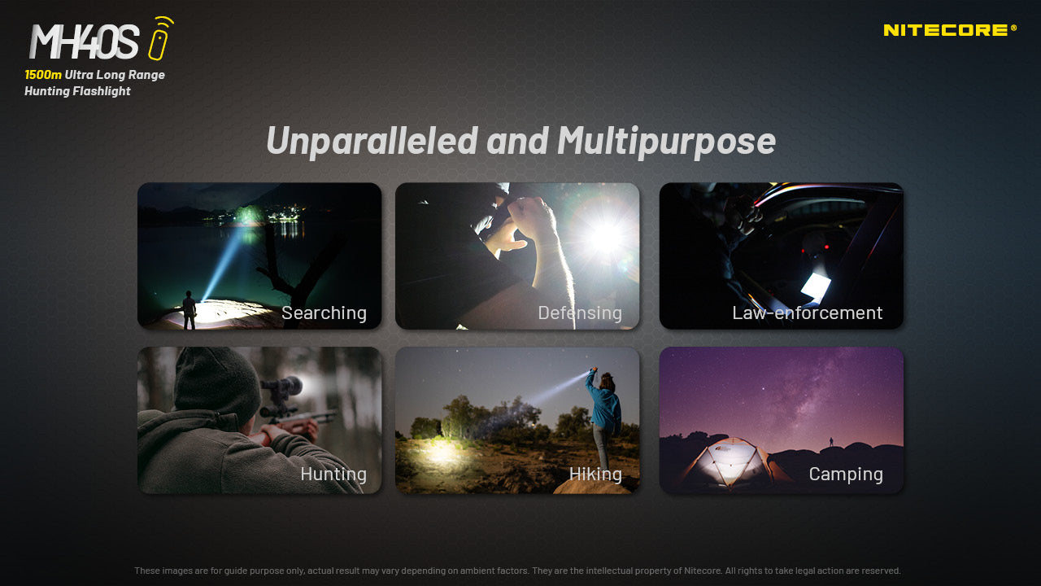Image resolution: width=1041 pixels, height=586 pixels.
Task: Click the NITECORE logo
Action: pos(949,30)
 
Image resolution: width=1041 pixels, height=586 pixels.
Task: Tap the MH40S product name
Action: pos(84,42)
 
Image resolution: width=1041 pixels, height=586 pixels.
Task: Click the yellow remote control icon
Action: pos(160,38)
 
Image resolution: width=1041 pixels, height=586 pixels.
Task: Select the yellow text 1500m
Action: pos(43,75)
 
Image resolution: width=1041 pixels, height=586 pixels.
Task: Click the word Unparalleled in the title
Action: pos(372,141)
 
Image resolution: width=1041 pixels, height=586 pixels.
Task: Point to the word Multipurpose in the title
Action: pos(666,142)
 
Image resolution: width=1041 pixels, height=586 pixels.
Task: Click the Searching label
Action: pos(324,313)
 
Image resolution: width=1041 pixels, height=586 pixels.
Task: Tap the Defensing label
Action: pos(580,313)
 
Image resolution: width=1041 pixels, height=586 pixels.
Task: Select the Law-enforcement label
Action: pos(808,313)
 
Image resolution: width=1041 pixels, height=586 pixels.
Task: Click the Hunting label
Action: pos(333,474)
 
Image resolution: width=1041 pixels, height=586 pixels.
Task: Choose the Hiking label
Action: pos(595,474)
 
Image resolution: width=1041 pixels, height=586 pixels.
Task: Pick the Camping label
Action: pos(846,474)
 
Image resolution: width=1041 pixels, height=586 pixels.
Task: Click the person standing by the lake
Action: pos(189,310)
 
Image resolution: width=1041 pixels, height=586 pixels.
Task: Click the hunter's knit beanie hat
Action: pos(216,383)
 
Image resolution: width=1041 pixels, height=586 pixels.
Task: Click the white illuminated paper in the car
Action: pos(816,286)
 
